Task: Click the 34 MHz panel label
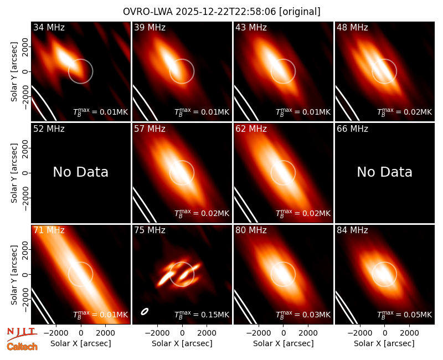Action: click(49, 27)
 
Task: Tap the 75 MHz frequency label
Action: click(150, 230)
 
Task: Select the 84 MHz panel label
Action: click(352, 230)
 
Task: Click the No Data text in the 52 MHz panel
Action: click(81, 172)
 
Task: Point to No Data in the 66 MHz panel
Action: click(384, 172)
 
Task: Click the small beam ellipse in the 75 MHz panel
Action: click(145, 311)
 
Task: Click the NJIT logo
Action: click(22, 333)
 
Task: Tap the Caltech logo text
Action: click(22, 347)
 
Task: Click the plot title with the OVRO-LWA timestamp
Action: click(221, 12)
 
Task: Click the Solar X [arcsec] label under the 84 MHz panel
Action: click(384, 343)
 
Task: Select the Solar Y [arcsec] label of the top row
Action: click(14, 72)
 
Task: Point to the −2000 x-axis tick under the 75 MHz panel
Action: click(155, 333)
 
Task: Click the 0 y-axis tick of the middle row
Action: click(25, 173)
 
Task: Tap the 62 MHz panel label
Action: click(251, 129)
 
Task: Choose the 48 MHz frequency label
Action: click(352, 27)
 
